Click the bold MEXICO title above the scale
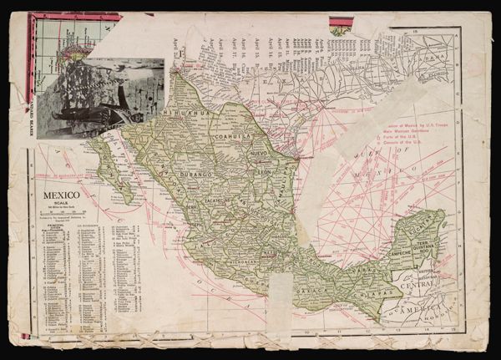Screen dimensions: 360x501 pyautogui.click(x=61, y=195)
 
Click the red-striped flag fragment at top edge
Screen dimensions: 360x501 pyautogui.click(x=341, y=25)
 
